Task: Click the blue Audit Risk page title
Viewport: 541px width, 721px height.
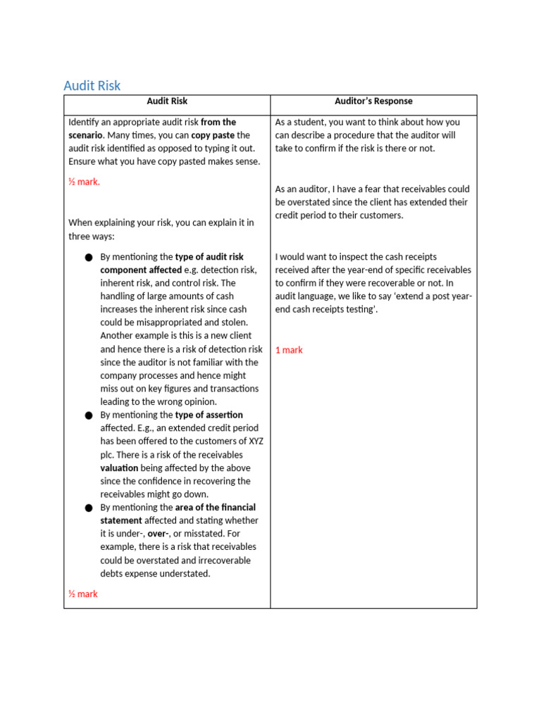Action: pyautogui.click(x=92, y=85)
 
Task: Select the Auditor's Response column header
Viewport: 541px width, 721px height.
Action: pyautogui.click(x=373, y=101)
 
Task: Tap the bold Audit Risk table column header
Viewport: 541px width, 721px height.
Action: pyautogui.click(x=167, y=101)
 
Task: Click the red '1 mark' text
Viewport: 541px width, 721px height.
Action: pyautogui.click(x=289, y=350)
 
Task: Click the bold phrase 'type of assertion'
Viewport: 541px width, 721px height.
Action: pyautogui.click(x=209, y=415)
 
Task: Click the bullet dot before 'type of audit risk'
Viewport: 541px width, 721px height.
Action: pyautogui.click(x=89, y=258)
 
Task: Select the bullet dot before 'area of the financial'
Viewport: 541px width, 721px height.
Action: pyautogui.click(x=89, y=508)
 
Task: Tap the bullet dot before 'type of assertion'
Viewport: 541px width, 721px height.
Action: pyautogui.click(x=89, y=415)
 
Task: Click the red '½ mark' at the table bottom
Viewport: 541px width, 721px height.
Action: pyautogui.click(x=83, y=594)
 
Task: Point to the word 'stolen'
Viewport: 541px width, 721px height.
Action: pyautogui.click(x=237, y=322)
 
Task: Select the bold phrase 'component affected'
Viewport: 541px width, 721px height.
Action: pyautogui.click(x=141, y=270)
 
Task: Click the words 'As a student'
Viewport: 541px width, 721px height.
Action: pyautogui.click(x=301, y=122)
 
